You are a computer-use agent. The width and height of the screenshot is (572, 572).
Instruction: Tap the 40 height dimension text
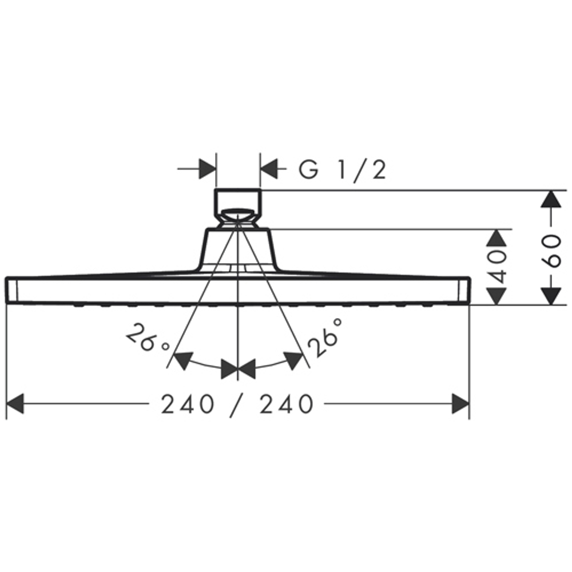(498, 267)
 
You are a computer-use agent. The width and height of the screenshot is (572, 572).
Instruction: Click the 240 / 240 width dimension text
(237, 405)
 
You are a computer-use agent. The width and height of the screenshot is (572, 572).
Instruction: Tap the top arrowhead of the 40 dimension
(498, 238)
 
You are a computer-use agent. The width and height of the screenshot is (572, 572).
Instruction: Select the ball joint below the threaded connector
(237, 217)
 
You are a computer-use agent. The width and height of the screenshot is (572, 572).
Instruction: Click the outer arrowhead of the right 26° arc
(293, 360)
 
